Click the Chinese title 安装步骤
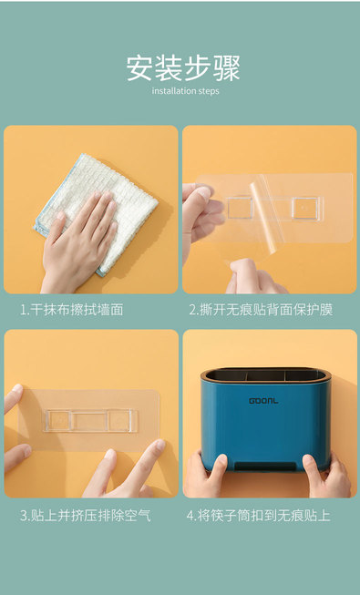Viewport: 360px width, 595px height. pos(183,68)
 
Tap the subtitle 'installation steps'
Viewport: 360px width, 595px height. pos(185,91)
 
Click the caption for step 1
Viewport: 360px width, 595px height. pos(72,310)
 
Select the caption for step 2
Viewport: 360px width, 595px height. pos(261,310)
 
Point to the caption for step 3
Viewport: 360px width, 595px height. pos(86,516)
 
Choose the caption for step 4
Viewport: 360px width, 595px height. pos(258,516)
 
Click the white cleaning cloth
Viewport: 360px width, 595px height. pos(96,213)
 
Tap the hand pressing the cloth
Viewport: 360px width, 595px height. pos(77,243)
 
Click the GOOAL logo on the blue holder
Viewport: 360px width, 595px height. pos(263,401)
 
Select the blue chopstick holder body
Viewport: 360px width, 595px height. pos(266,421)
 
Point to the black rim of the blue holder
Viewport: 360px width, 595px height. pos(266,374)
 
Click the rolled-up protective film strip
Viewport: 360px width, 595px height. pos(264,216)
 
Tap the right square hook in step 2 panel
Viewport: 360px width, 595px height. pos(304,209)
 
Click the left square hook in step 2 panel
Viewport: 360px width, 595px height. pos(240,208)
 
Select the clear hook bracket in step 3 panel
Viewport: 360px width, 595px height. pos(89,420)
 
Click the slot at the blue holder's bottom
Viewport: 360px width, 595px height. pos(265,466)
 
